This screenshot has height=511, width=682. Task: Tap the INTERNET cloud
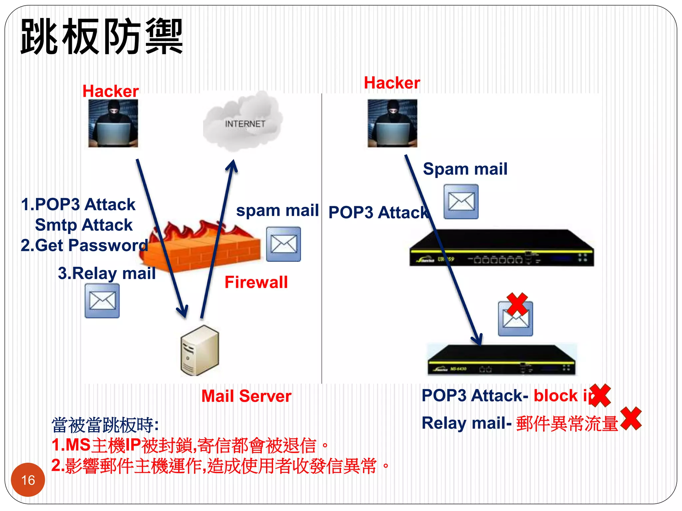click(x=244, y=122)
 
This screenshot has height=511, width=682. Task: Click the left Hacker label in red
click(x=111, y=91)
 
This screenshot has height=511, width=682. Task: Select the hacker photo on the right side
click(x=392, y=123)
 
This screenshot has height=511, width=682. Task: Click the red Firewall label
click(x=256, y=282)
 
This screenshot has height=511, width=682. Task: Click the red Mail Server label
click(x=246, y=396)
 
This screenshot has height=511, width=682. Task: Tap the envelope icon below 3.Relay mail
click(x=102, y=301)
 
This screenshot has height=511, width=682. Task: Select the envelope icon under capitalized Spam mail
click(x=461, y=202)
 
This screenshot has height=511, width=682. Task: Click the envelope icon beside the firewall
click(x=283, y=244)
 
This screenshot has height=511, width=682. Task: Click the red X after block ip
click(x=600, y=395)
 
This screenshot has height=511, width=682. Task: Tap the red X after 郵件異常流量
click(x=631, y=419)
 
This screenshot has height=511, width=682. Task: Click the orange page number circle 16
click(x=28, y=480)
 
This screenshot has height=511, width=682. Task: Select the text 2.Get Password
click(x=84, y=246)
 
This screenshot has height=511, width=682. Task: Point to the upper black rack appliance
click(x=501, y=248)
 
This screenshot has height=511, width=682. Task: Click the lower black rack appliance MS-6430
click(x=501, y=361)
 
